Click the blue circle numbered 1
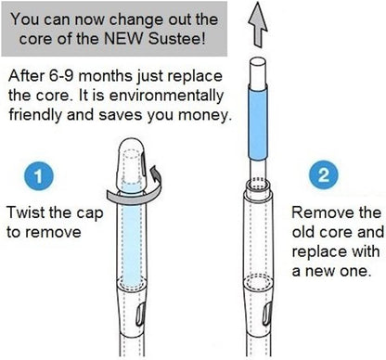[39, 176]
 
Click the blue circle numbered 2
[324, 174]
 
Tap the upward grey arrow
[258, 25]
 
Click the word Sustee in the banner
[176, 39]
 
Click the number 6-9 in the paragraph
[61, 76]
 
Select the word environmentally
[166, 96]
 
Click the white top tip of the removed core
[258, 71]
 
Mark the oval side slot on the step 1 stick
[140, 315]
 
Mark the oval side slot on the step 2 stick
[266, 315]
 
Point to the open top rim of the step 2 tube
[258, 186]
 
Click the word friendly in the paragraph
[35, 115]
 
